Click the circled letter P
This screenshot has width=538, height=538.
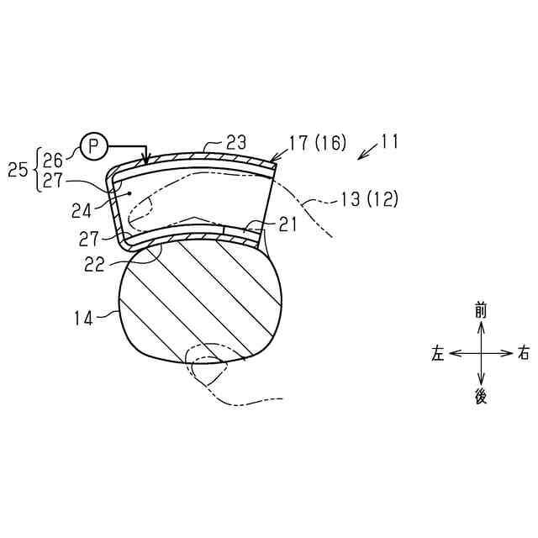pos(93,147)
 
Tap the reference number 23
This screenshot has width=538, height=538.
pos(236,142)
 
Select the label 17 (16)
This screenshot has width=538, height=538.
pos(318,143)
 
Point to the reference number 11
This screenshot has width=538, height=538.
pos(389,141)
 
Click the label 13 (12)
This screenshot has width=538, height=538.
pos(370,198)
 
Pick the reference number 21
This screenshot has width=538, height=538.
pos(287,225)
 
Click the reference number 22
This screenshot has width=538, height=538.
pos(94,265)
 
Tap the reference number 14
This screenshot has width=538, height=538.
pos(84,319)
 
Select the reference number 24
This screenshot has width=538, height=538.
pos(82,211)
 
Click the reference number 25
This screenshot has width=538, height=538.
pos(18,170)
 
